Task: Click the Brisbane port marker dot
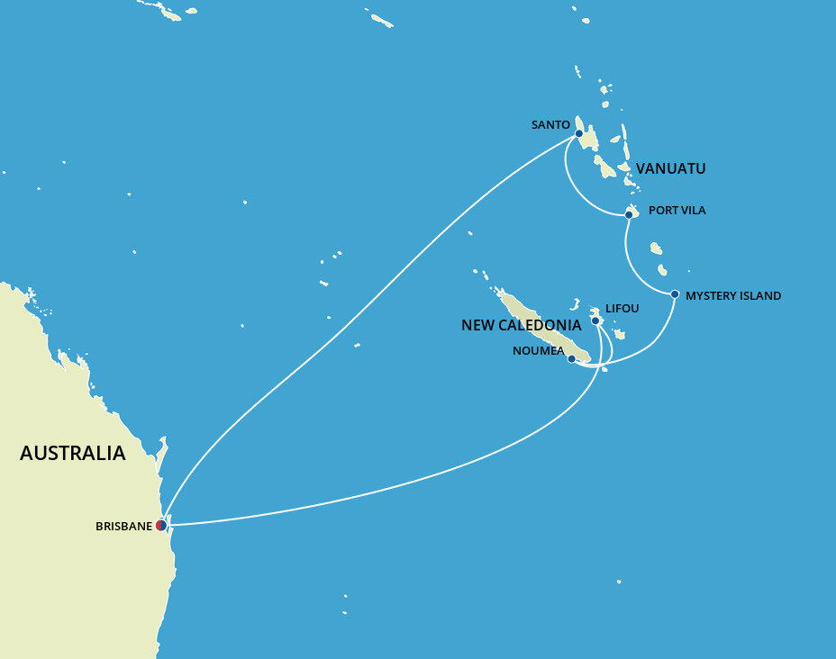pos(161,525)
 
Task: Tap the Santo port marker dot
pos(578,133)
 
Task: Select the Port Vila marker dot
pos(629,214)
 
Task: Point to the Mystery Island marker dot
pos(675,294)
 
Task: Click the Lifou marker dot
pos(595,320)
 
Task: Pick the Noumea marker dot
pos(571,358)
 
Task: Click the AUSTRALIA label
pos(73,454)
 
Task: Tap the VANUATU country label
pos(670,168)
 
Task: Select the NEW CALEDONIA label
pos(521,326)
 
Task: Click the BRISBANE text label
pos(123,527)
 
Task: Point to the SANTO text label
pos(550,125)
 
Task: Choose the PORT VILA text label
pos(677,211)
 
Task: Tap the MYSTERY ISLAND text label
pos(733,295)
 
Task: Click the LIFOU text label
pos(622,309)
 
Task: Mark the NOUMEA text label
pos(538,351)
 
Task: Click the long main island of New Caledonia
pos(541,324)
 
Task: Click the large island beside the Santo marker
pos(590,138)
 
